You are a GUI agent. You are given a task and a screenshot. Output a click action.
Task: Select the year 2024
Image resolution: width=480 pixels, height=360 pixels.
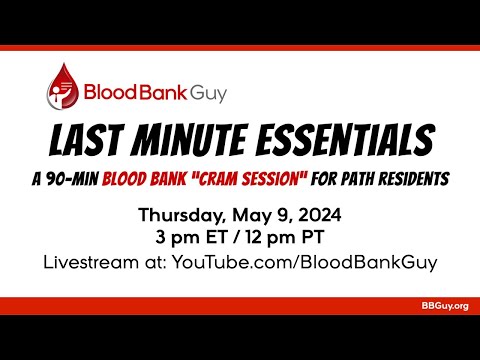pyautogui.click(x=318, y=215)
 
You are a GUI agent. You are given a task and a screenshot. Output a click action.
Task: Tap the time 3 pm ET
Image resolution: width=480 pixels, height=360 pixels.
pyautogui.click(x=191, y=238)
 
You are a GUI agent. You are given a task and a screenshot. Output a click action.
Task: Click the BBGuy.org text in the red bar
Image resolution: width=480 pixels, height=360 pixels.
pyautogui.click(x=445, y=305)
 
